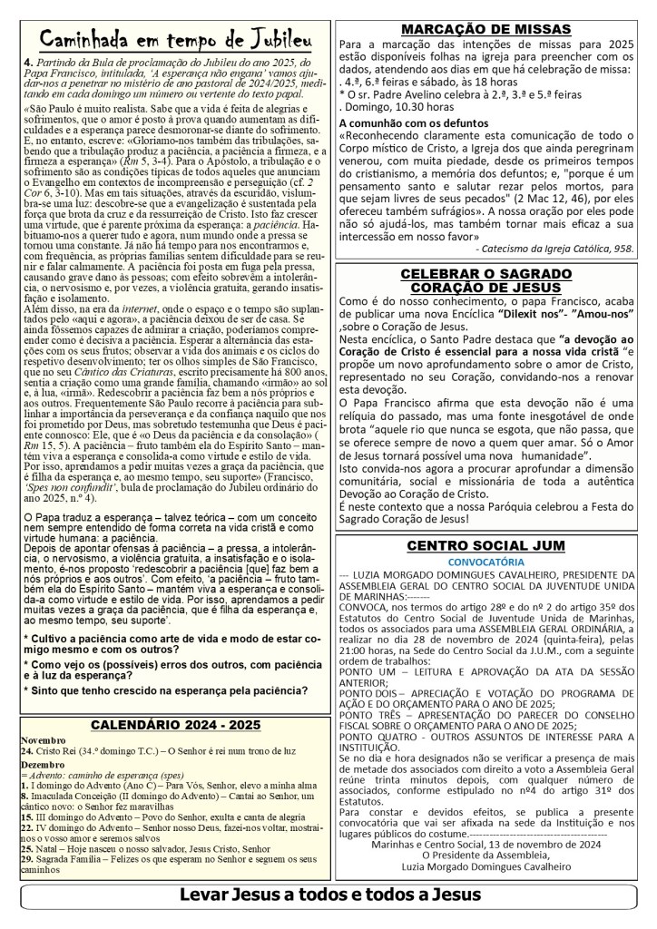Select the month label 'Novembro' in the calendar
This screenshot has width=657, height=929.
[x=43, y=715]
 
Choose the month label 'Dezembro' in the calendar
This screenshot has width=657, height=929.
[x=43, y=738]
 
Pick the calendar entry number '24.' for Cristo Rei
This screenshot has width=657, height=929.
[x=28, y=727]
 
